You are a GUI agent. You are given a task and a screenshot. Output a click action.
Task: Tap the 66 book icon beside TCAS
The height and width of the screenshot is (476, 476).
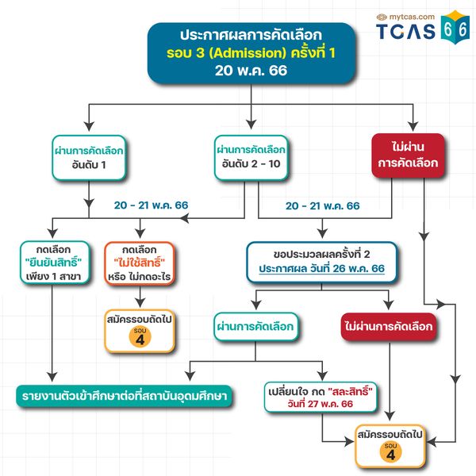click(x=455, y=27)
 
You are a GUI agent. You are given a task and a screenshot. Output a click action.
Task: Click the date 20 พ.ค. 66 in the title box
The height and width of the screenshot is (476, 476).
click(x=251, y=71)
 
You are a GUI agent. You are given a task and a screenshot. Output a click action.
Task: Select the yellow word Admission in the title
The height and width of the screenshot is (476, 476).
click(x=248, y=53)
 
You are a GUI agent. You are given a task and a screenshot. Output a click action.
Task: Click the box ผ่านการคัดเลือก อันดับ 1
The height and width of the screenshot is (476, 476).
click(x=89, y=158)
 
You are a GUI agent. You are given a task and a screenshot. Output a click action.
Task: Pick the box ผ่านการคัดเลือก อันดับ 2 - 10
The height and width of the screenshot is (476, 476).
click(x=251, y=158)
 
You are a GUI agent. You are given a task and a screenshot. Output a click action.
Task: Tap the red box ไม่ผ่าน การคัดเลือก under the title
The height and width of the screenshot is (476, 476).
click(x=408, y=155)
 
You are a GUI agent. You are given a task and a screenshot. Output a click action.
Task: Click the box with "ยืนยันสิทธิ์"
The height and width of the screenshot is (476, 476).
click(x=55, y=263)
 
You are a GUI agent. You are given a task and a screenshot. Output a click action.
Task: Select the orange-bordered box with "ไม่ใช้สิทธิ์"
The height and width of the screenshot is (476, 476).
click(x=140, y=263)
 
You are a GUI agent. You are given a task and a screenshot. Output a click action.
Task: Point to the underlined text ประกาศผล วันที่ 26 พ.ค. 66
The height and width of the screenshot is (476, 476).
click(x=322, y=269)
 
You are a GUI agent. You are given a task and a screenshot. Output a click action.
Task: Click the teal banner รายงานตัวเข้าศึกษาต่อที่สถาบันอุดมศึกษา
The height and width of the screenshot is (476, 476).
click(x=125, y=397)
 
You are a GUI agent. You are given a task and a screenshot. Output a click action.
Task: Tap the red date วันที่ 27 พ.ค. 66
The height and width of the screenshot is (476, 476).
click(x=321, y=404)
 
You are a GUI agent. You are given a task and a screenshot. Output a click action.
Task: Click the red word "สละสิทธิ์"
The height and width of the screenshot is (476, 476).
click(x=350, y=392)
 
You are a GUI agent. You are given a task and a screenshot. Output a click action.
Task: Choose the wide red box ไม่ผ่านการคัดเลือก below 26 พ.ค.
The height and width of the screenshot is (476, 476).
click(x=389, y=327)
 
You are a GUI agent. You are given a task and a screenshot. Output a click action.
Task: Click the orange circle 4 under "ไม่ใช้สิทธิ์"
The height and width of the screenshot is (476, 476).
click(x=140, y=336)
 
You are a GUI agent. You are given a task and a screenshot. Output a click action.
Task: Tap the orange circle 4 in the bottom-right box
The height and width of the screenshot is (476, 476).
click(x=390, y=451)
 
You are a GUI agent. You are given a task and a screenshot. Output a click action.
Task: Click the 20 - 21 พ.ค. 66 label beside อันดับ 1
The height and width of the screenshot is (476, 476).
click(x=152, y=205)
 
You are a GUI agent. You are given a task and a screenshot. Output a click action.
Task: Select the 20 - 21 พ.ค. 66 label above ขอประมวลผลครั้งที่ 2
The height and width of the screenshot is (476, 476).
click(x=322, y=206)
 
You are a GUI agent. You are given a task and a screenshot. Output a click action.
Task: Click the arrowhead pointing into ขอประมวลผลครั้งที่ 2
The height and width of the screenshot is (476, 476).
click(x=322, y=233)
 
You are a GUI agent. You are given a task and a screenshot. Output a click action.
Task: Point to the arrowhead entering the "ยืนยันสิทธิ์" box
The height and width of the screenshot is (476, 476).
click(x=52, y=232)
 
